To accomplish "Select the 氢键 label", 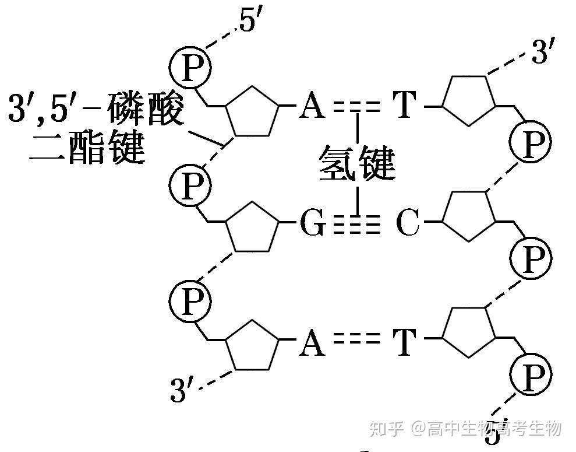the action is [x=356, y=164].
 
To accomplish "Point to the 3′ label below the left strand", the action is [x=181, y=390].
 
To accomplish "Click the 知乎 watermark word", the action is [x=386, y=429].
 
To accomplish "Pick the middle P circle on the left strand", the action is [x=190, y=185].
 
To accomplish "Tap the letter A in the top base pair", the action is [x=312, y=107].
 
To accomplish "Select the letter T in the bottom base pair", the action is [x=405, y=342].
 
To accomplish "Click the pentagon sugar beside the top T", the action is [x=469, y=99].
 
